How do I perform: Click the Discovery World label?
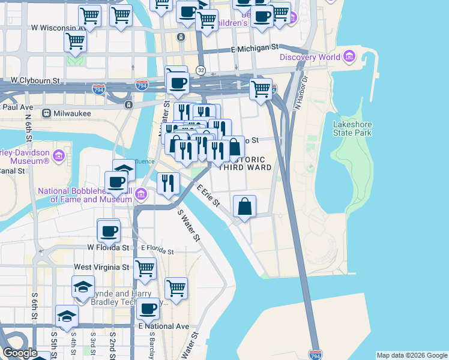point(309,58)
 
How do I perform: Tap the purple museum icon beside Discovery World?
point(349,58)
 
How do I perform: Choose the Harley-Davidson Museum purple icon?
point(59,157)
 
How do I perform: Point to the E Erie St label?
point(208,196)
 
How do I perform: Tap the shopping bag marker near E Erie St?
point(245,206)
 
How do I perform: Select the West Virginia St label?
point(101,266)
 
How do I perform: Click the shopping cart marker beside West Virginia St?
point(145,269)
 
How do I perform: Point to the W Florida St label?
point(108,247)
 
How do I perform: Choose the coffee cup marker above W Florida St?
point(109,230)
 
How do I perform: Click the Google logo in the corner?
point(20,353)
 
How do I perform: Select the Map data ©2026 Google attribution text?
point(412,355)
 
